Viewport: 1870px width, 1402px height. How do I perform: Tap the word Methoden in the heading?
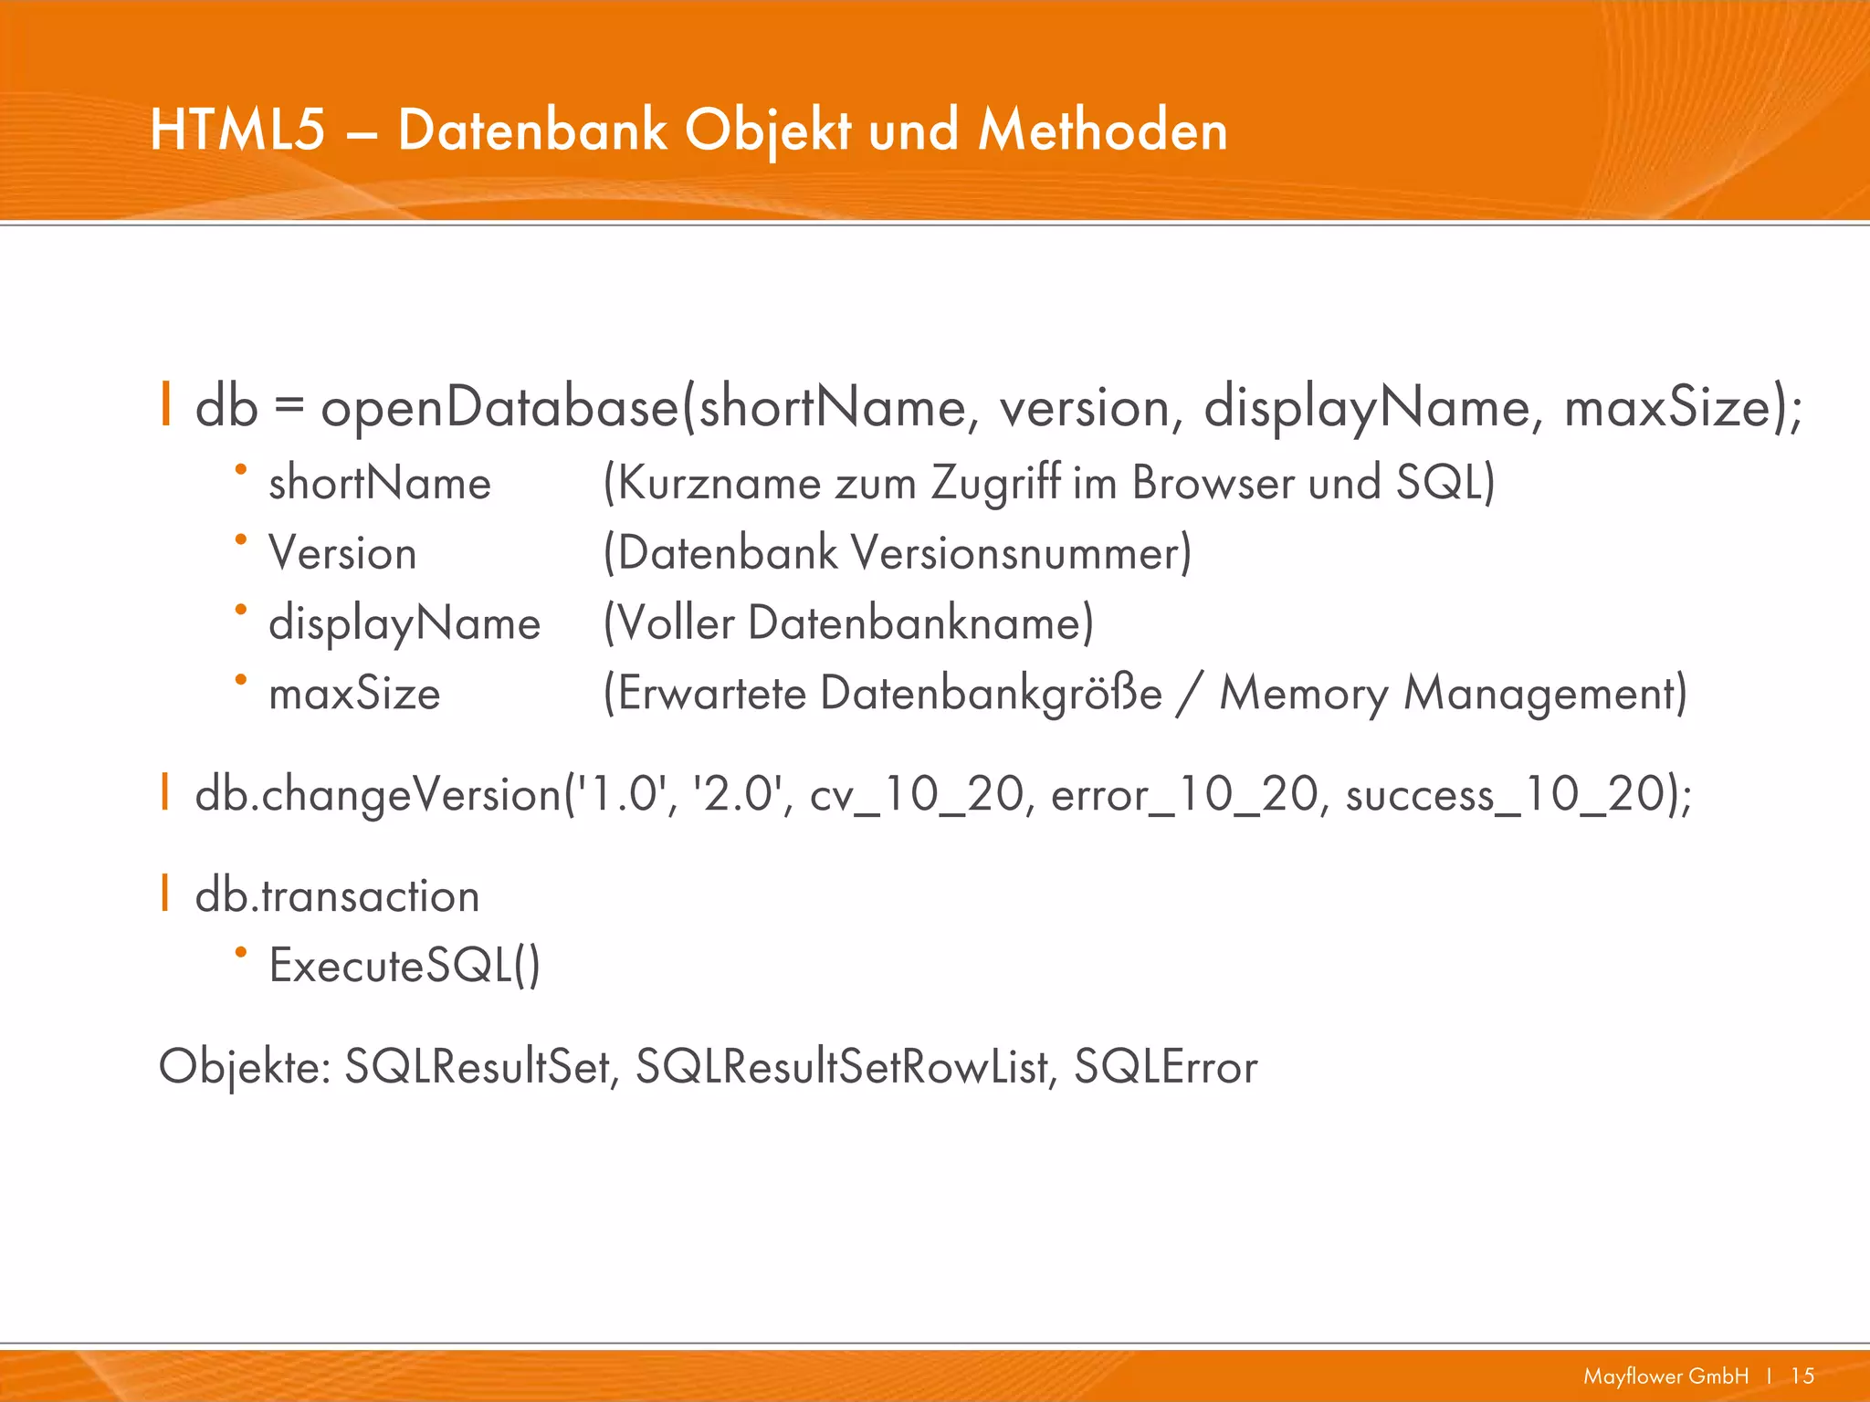point(1103,130)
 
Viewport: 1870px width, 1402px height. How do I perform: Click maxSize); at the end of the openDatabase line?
point(1683,407)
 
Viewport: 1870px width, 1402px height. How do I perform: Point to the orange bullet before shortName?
point(241,470)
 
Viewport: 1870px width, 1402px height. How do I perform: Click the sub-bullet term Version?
point(342,553)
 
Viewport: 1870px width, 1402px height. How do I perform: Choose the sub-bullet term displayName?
point(404,624)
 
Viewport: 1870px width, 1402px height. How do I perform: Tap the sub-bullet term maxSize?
point(354,694)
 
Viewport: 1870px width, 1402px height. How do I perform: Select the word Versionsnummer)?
point(1022,553)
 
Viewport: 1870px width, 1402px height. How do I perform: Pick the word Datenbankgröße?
point(991,694)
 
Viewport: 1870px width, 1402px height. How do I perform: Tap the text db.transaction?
point(337,895)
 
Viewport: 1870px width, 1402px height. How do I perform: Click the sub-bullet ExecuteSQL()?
point(404,966)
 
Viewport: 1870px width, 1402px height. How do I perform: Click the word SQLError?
point(1165,1067)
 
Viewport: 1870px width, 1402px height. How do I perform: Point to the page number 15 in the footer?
point(1802,1376)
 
